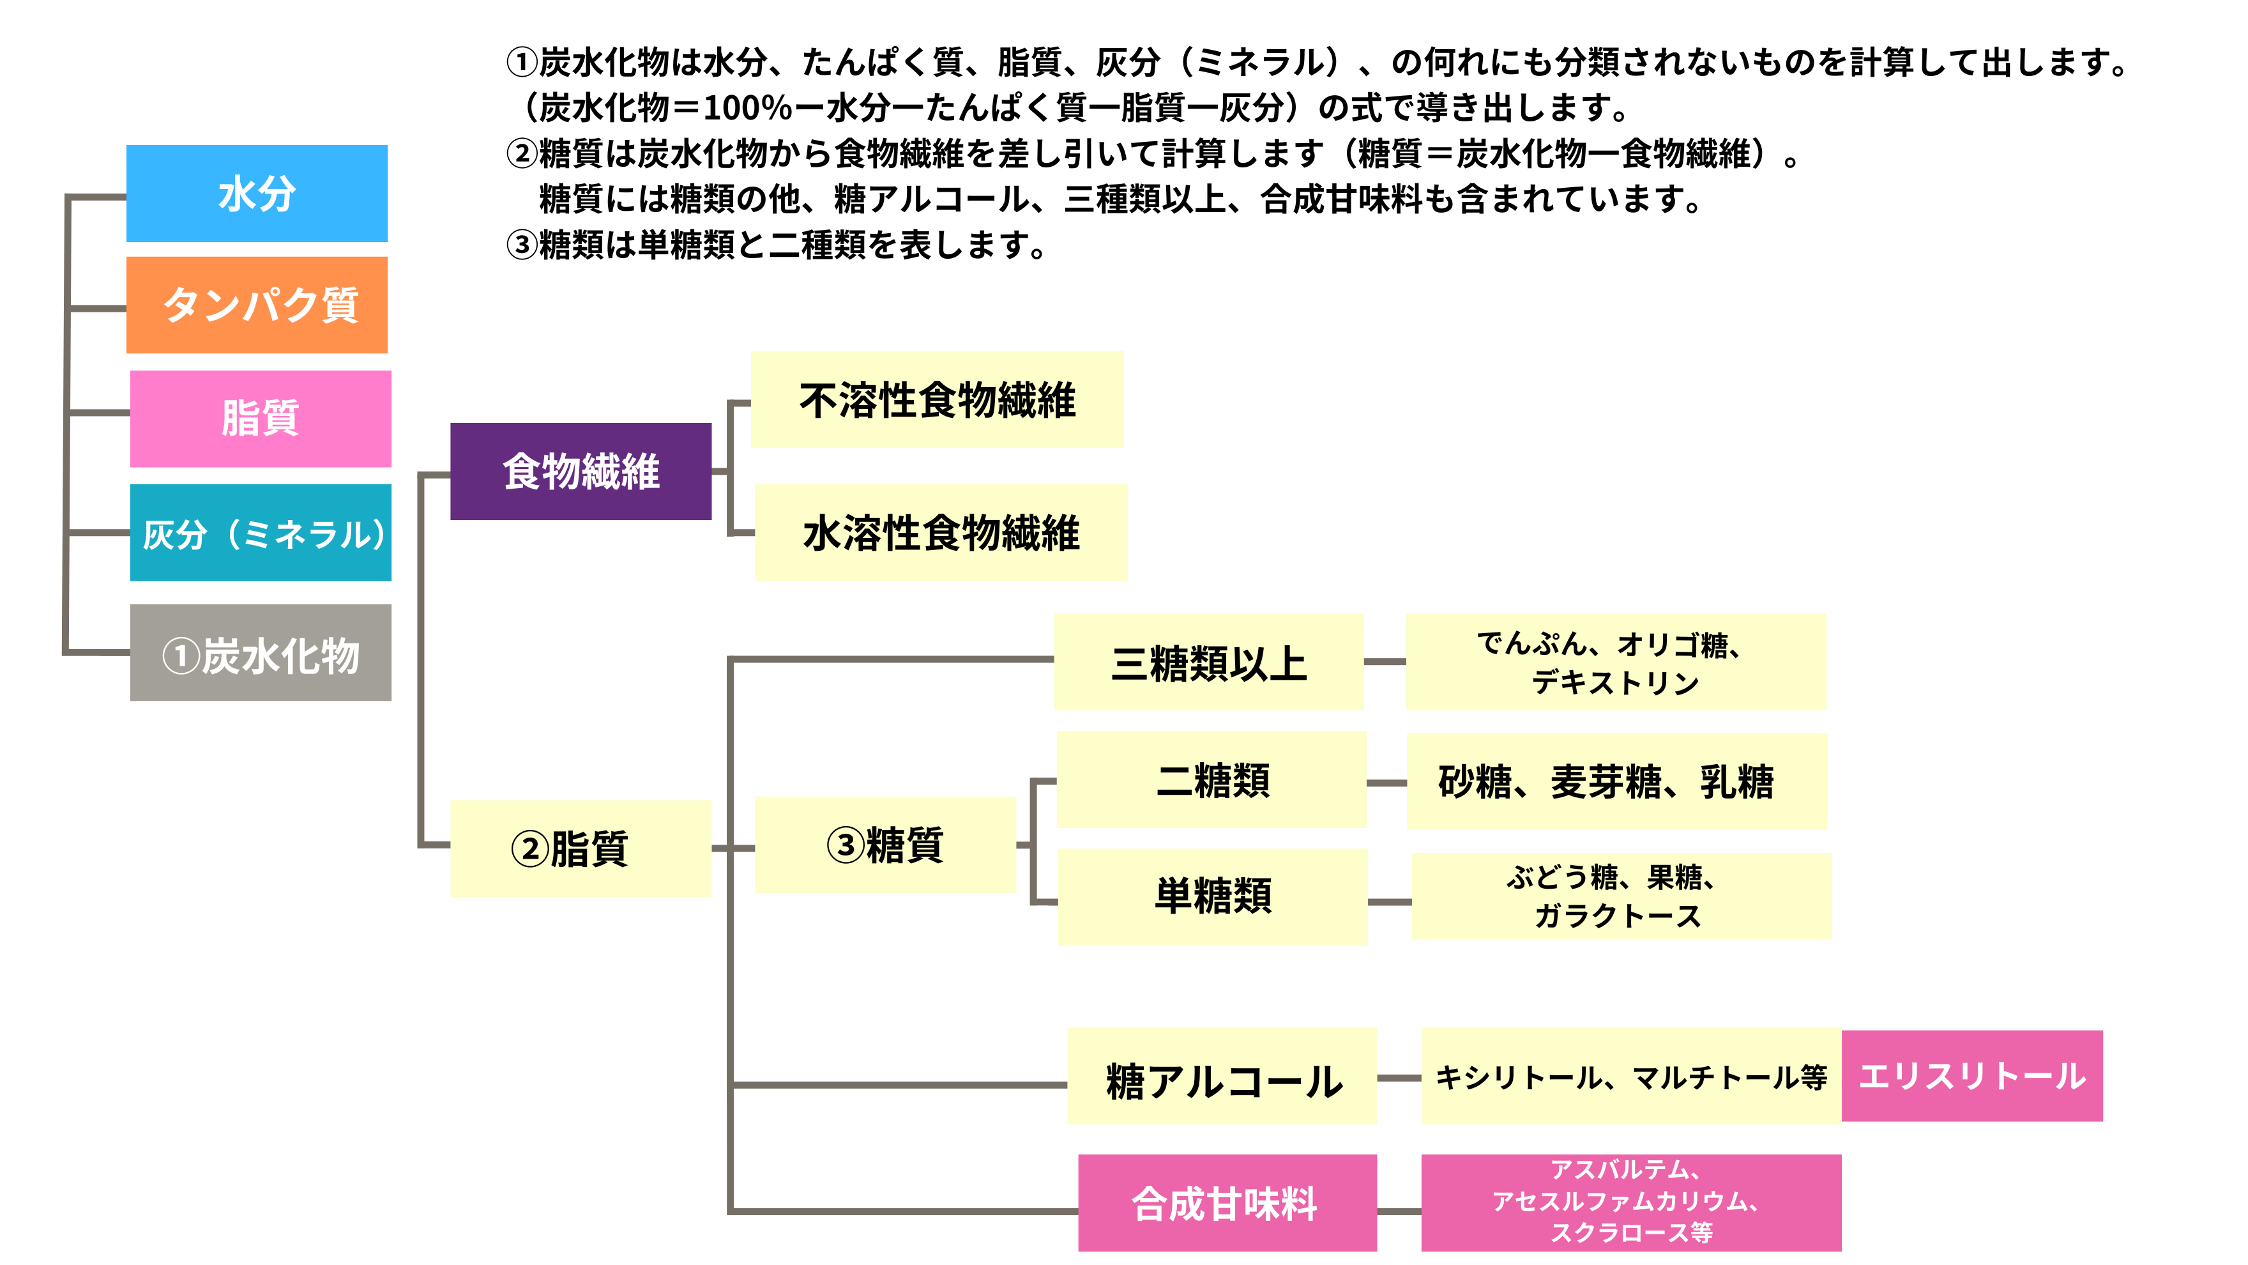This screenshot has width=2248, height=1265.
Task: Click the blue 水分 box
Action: tap(257, 193)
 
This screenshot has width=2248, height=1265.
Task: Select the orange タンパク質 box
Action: tap(257, 305)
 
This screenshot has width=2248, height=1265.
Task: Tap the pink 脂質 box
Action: tap(260, 418)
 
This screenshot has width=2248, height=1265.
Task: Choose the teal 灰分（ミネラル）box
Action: tap(260, 533)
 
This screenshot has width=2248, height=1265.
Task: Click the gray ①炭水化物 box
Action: tap(260, 652)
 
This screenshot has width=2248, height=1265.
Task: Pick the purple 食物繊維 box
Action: tap(581, 471)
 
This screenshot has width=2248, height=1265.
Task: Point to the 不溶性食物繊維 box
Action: tap(936, 400)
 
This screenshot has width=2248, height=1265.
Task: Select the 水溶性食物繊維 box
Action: tap(941, 533)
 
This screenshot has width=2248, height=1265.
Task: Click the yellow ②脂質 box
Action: tap(581, 848)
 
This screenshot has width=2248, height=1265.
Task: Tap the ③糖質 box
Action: tap(885, 844)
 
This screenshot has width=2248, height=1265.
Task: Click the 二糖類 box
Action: tap(1211, 779)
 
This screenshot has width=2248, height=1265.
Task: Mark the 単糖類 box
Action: tap(1212, 896)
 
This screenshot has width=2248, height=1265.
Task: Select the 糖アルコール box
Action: tap(1222, 1075)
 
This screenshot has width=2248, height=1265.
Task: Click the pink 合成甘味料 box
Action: tap(1227, 1203)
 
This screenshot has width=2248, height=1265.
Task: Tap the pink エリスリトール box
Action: tap(1972, 1075)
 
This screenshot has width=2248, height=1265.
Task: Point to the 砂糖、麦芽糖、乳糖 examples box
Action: tap(1616, 781)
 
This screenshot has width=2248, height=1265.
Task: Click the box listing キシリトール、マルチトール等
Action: tap(1631, 1075)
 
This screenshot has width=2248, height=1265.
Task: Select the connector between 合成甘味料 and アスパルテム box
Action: tap(1399, 1211)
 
